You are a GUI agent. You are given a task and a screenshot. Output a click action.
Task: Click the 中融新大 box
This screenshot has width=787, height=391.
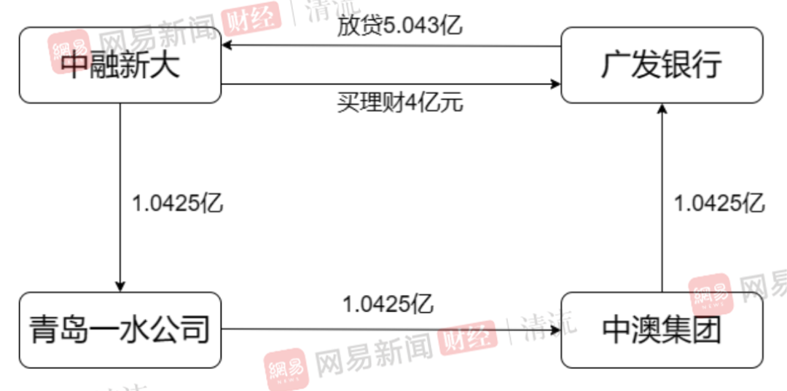click(120, 65)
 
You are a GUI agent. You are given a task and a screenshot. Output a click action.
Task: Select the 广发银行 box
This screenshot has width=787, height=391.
click(662, 65)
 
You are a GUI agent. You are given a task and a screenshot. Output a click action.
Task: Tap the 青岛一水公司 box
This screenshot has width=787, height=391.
click(120, 330)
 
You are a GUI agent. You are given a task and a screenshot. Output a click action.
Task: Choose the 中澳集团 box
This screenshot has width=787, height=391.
click(662, 330)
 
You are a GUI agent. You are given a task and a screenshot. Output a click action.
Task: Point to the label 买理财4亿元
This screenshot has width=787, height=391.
click(400, 103)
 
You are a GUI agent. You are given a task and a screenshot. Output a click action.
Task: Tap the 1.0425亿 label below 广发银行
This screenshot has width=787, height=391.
click(719, 204)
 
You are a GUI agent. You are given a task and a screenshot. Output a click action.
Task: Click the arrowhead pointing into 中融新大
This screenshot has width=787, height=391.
click(227, 46)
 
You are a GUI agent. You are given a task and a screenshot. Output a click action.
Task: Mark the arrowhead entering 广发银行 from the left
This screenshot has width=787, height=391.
click(555, 84)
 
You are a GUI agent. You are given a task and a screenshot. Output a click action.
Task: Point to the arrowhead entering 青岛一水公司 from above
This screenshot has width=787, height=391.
click(120, 286)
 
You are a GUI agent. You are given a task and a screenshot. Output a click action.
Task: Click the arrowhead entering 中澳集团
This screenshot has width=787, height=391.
click(555, 330)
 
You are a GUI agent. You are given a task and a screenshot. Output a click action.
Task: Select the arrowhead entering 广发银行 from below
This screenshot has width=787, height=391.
click(662, 108)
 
